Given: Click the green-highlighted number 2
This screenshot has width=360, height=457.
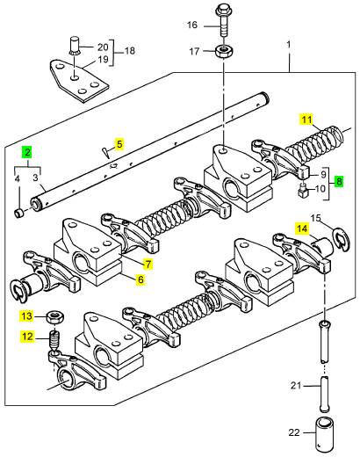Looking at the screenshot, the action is tap(27, 152).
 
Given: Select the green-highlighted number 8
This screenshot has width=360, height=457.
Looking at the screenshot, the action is tap(339, 181).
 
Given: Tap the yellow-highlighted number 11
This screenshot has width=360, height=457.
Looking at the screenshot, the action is tap(306, 120).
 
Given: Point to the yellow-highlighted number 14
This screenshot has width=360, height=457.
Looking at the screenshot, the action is tap(302, 228).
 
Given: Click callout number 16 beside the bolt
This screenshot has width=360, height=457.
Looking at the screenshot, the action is tap(192, 25).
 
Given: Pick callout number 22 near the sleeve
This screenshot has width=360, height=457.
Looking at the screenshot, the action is tap(294, 432).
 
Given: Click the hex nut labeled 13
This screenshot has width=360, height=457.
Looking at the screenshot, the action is tap(55, 317).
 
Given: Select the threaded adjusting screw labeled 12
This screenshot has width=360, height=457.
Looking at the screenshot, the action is tap(54, 340).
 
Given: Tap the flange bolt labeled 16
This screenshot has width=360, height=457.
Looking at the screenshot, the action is tap(223, 22).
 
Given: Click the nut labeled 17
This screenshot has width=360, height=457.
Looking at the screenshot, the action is tap(224, 52).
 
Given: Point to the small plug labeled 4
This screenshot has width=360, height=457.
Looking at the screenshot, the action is tap(19, 213).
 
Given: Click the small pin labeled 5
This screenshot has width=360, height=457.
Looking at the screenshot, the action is tap(105, 152).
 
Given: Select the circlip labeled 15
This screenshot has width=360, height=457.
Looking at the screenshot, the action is tap(341, 237).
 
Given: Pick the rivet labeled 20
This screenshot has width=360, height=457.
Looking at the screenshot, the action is tap(76, 45).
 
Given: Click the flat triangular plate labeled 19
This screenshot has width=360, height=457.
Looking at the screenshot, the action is tap(79, 81).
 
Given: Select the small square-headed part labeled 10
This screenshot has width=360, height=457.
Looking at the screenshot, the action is tap(303, 190).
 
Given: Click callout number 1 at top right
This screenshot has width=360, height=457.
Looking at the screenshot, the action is tap(289, 45).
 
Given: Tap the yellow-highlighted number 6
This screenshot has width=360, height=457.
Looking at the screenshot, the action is tap(140, 279).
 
